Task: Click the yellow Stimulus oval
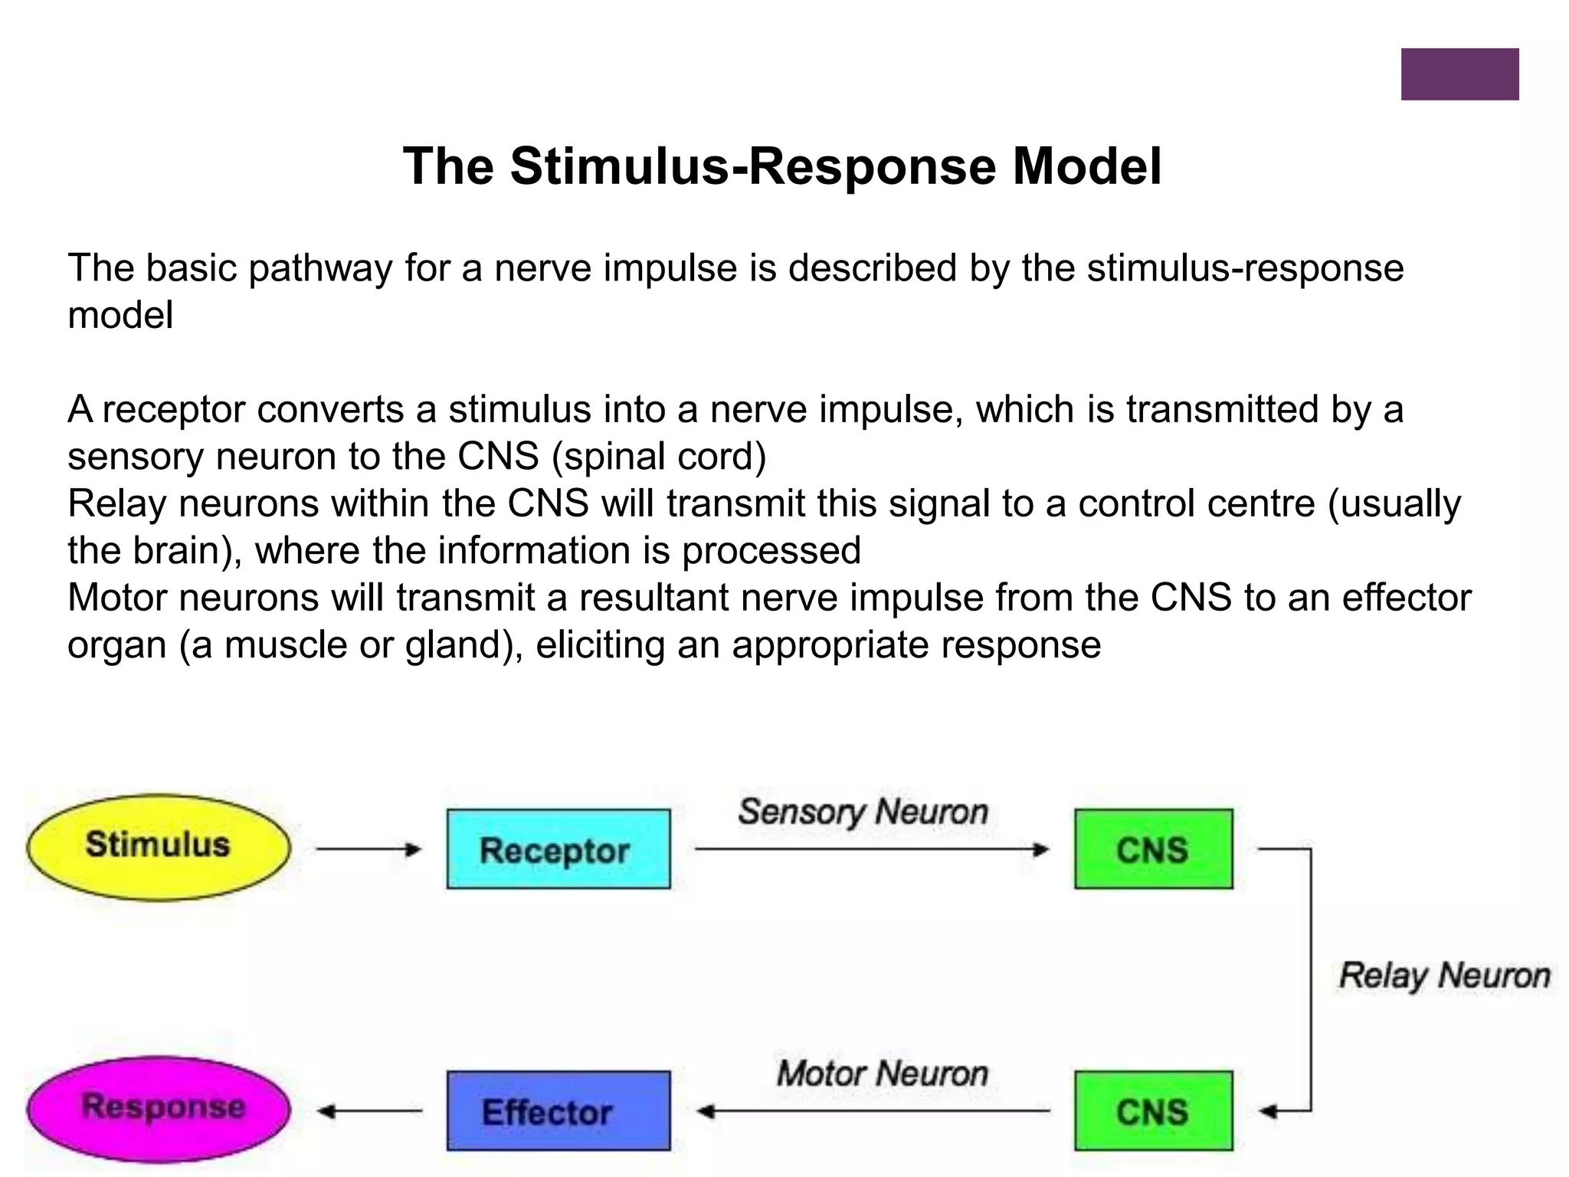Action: pos(159,847)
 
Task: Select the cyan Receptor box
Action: pos(558,849)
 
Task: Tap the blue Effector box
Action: pos(558,1110)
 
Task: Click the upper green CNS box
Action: pos(1154,849)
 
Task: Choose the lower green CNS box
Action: pos(1154,1110)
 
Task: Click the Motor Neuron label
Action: pos(883,1073)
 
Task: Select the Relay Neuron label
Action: pos(1445,976)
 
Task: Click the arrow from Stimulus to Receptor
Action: pos(369,849)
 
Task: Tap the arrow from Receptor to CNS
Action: pos(872,849)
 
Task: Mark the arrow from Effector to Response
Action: pos(369,1111)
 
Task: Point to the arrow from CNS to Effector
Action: pos(873,1111)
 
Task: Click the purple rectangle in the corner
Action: pos(1460,74)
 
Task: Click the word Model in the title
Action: pos(1087,166)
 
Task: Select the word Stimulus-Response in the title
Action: pos(753,167)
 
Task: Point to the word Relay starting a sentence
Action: pos(117,504)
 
